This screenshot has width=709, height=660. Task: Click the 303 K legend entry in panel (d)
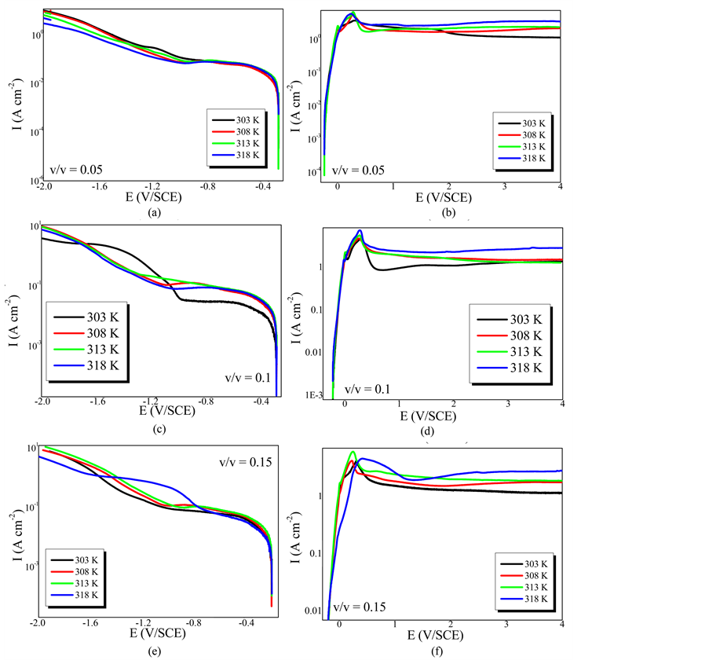pyautogui.click(x=518, y=319)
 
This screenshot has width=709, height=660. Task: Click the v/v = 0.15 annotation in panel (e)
pyautogui.click(x=244, y=462)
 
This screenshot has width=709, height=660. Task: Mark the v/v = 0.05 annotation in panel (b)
pyautogui.click(x=360, y=170)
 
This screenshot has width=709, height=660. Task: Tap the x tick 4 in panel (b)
pyautogui.click(x=560, y=186)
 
